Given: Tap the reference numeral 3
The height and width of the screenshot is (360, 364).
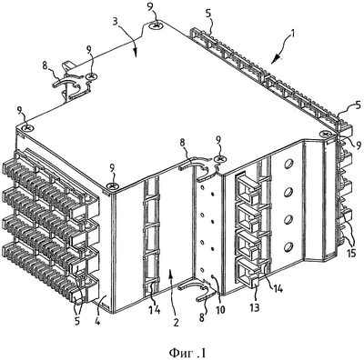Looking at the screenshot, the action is tap(115, 24).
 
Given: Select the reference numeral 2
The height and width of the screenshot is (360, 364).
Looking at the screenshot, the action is tap(176, 323).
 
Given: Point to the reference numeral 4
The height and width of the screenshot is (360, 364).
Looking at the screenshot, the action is tap(97, 321).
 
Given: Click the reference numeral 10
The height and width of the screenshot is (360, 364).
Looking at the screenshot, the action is tap(220, 310).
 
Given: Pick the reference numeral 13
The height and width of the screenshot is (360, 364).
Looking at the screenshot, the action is tap(255, 307).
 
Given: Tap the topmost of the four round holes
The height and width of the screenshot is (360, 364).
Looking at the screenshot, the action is tap(288, 164).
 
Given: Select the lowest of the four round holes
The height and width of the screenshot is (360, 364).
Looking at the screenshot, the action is tap(288, 247).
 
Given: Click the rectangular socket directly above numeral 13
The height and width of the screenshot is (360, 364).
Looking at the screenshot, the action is tap(247, 269).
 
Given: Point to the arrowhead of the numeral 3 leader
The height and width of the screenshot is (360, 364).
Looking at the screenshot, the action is tap(135, 55).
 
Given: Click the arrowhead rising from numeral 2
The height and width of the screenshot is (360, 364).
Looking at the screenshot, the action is tap(172, 274).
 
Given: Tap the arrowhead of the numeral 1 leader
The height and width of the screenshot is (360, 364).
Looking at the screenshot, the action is tap(274, 60).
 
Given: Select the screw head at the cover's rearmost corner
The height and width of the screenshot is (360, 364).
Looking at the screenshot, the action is tap(157, 26).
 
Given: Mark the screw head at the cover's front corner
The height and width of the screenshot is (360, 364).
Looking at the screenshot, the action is tap(113, 185).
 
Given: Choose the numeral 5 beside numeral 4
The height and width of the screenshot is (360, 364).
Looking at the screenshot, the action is tap(77, 321).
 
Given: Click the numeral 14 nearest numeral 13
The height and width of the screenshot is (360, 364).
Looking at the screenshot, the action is tap(277, 288).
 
